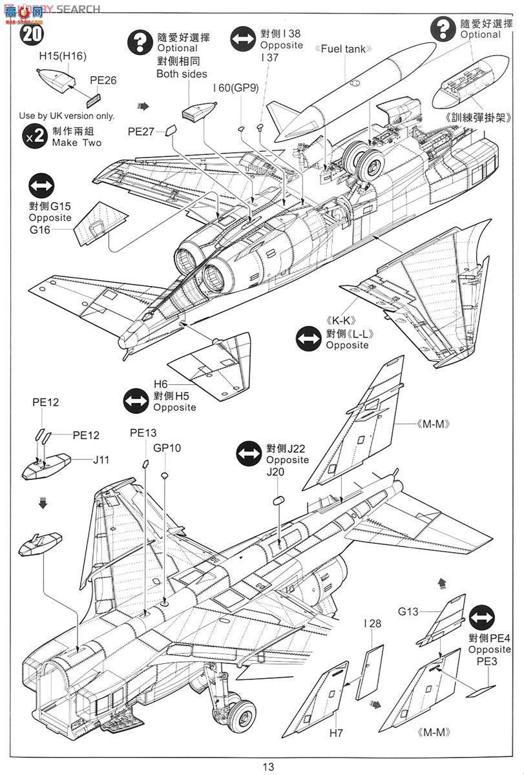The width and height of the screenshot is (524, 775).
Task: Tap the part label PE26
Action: click(x=103, y=81)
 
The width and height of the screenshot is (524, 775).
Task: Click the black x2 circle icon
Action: click(x=36, y=136)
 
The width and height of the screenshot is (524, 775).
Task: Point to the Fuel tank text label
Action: click(x=340, y=49)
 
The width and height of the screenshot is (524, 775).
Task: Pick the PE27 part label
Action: click(x=141, y=131)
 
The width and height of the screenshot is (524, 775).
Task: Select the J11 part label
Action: click(x=101, y=460)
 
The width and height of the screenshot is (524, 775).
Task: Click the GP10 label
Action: click(x=167, y=448)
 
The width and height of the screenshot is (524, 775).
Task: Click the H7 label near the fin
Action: click(x=337, y=732)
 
